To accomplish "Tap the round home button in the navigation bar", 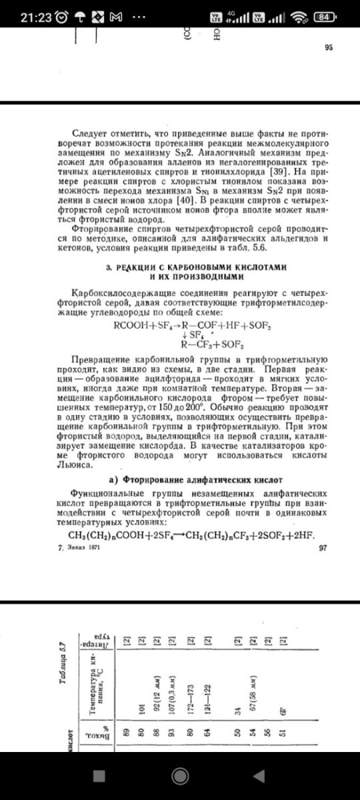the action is (x=179, y=776).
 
